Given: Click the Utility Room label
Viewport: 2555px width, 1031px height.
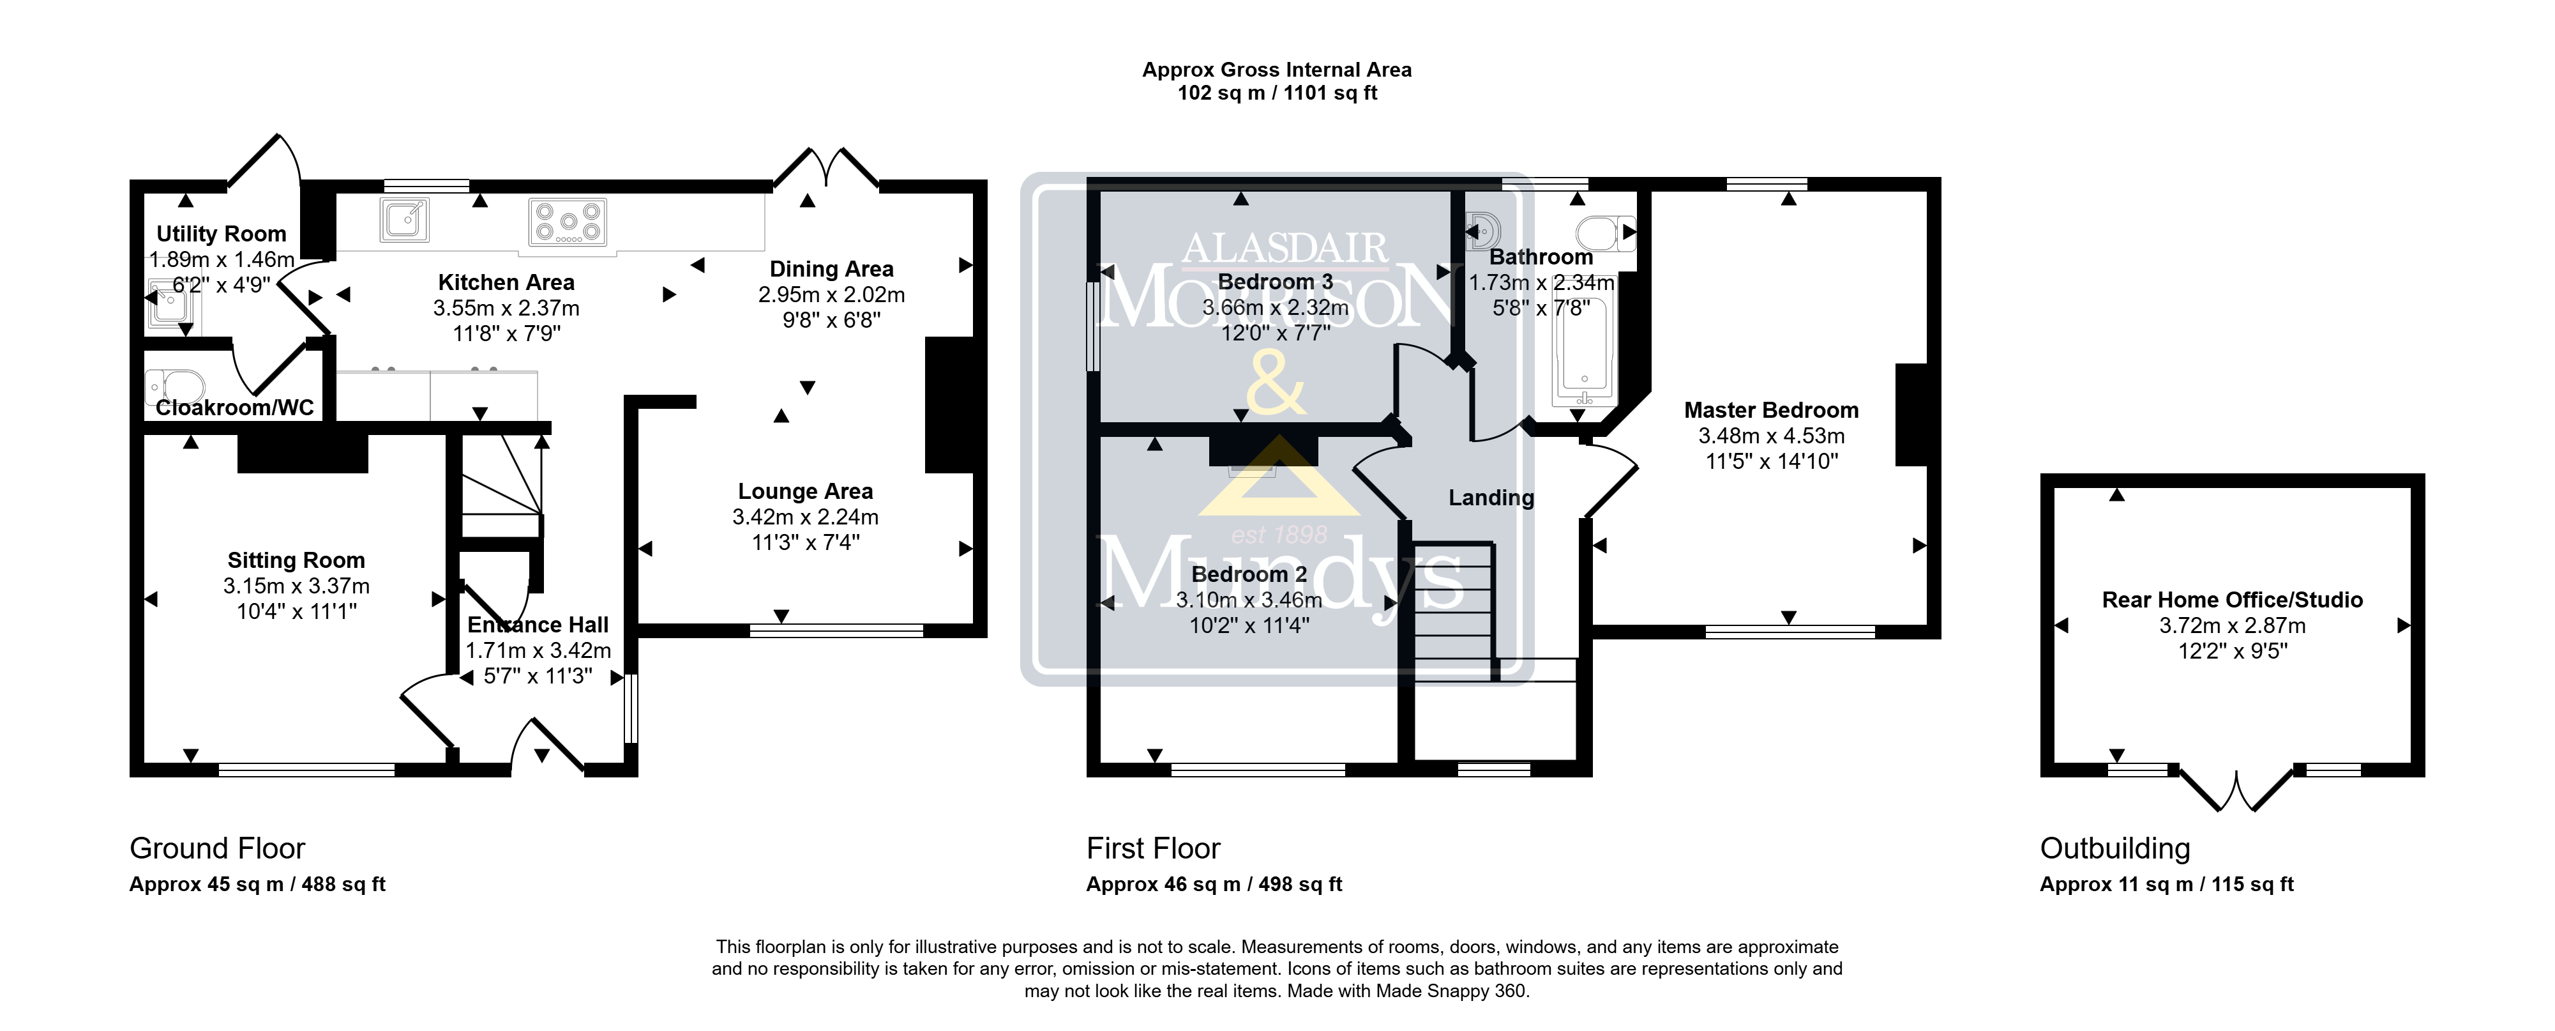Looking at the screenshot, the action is (221, 234).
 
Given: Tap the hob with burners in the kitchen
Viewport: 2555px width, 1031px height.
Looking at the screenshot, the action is (568, 222).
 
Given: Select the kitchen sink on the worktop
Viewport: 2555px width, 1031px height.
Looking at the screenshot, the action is (405, 220).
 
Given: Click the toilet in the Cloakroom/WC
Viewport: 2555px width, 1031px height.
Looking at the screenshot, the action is (174, 385).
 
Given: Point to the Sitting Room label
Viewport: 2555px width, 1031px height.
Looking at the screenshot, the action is (297, 561).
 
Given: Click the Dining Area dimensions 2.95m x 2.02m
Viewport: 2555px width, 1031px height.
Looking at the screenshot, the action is (831, 294).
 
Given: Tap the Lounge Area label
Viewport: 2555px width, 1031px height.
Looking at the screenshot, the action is (806, 491).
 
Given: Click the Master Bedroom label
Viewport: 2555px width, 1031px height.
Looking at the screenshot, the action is (1772, 410).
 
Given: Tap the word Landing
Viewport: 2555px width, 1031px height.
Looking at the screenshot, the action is (1491, 498).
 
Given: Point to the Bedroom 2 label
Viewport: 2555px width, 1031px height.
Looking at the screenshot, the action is (1249, 574).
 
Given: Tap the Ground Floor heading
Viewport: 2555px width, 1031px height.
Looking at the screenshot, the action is (217, 848).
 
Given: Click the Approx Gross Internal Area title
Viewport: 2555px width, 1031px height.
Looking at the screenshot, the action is (1276, 70).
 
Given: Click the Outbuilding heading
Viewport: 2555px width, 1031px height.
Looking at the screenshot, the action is (2114, 848).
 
